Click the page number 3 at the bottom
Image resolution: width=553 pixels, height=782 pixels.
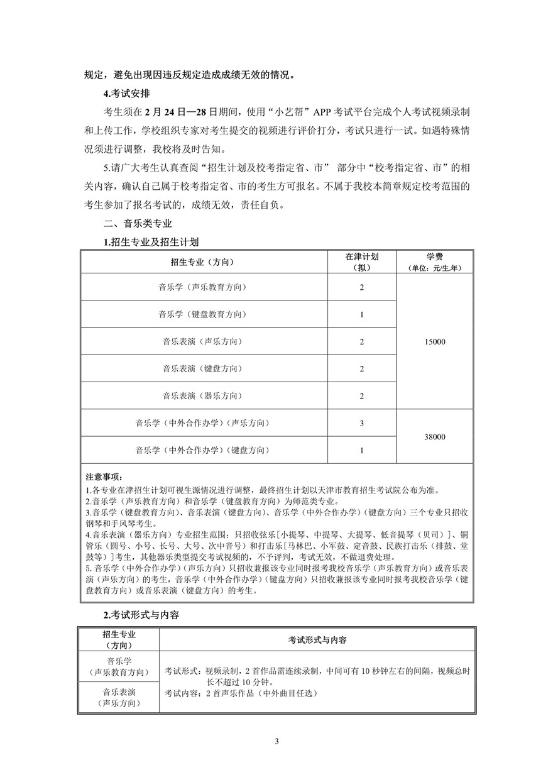(x=276, y=741)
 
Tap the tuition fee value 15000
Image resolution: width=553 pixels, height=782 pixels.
(x=435, y=341)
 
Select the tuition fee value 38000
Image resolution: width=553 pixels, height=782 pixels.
(x=435, y=437)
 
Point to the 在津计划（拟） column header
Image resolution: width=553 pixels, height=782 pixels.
(x=362, y=262)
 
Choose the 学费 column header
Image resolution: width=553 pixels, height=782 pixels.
(x=435, y=262)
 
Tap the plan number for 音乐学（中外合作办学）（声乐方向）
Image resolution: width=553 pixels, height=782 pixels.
(x=362, y=423)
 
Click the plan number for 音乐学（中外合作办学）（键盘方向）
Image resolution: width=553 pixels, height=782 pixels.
(x=362, y=450)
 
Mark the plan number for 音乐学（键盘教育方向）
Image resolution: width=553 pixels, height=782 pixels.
(x=362, y=314)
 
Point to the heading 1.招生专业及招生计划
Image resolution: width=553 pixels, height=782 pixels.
(x=151, y=242)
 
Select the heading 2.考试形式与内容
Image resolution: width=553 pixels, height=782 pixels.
(x=141, y=615)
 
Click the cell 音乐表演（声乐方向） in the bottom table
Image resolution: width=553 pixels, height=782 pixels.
(x=119, y=697)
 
